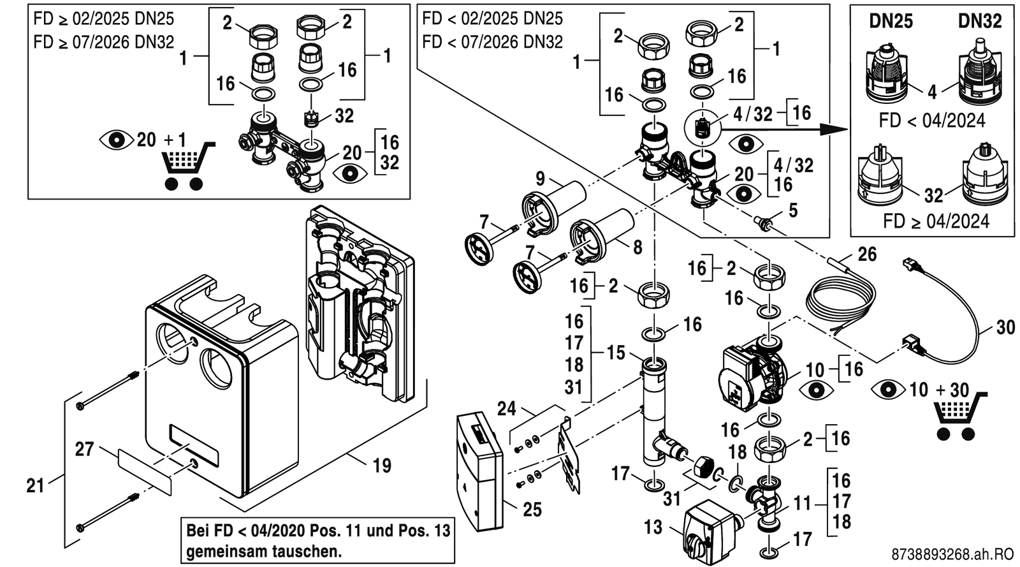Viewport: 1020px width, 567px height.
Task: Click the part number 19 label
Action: tap(382, 466)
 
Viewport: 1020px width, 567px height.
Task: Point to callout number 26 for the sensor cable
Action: tap(866, 254)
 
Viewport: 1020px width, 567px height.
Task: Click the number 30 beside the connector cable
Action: tap(1005, 327)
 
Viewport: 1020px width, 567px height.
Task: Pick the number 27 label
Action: tap(85, 449)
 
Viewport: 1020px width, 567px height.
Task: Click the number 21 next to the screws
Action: tap(36, 486)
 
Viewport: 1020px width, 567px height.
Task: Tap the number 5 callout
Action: tap(793, 210)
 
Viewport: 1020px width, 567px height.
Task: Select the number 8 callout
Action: tap(637, 247)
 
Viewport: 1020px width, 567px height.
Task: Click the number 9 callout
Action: tap(540, 179)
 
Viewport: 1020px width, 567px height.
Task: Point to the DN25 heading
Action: tap(891, 22)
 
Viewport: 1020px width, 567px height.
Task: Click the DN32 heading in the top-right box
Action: tap(980, 22)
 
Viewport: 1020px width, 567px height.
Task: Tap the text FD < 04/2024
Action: tap(931, 121)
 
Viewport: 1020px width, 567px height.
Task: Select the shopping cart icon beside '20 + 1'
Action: tap(188, 165)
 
